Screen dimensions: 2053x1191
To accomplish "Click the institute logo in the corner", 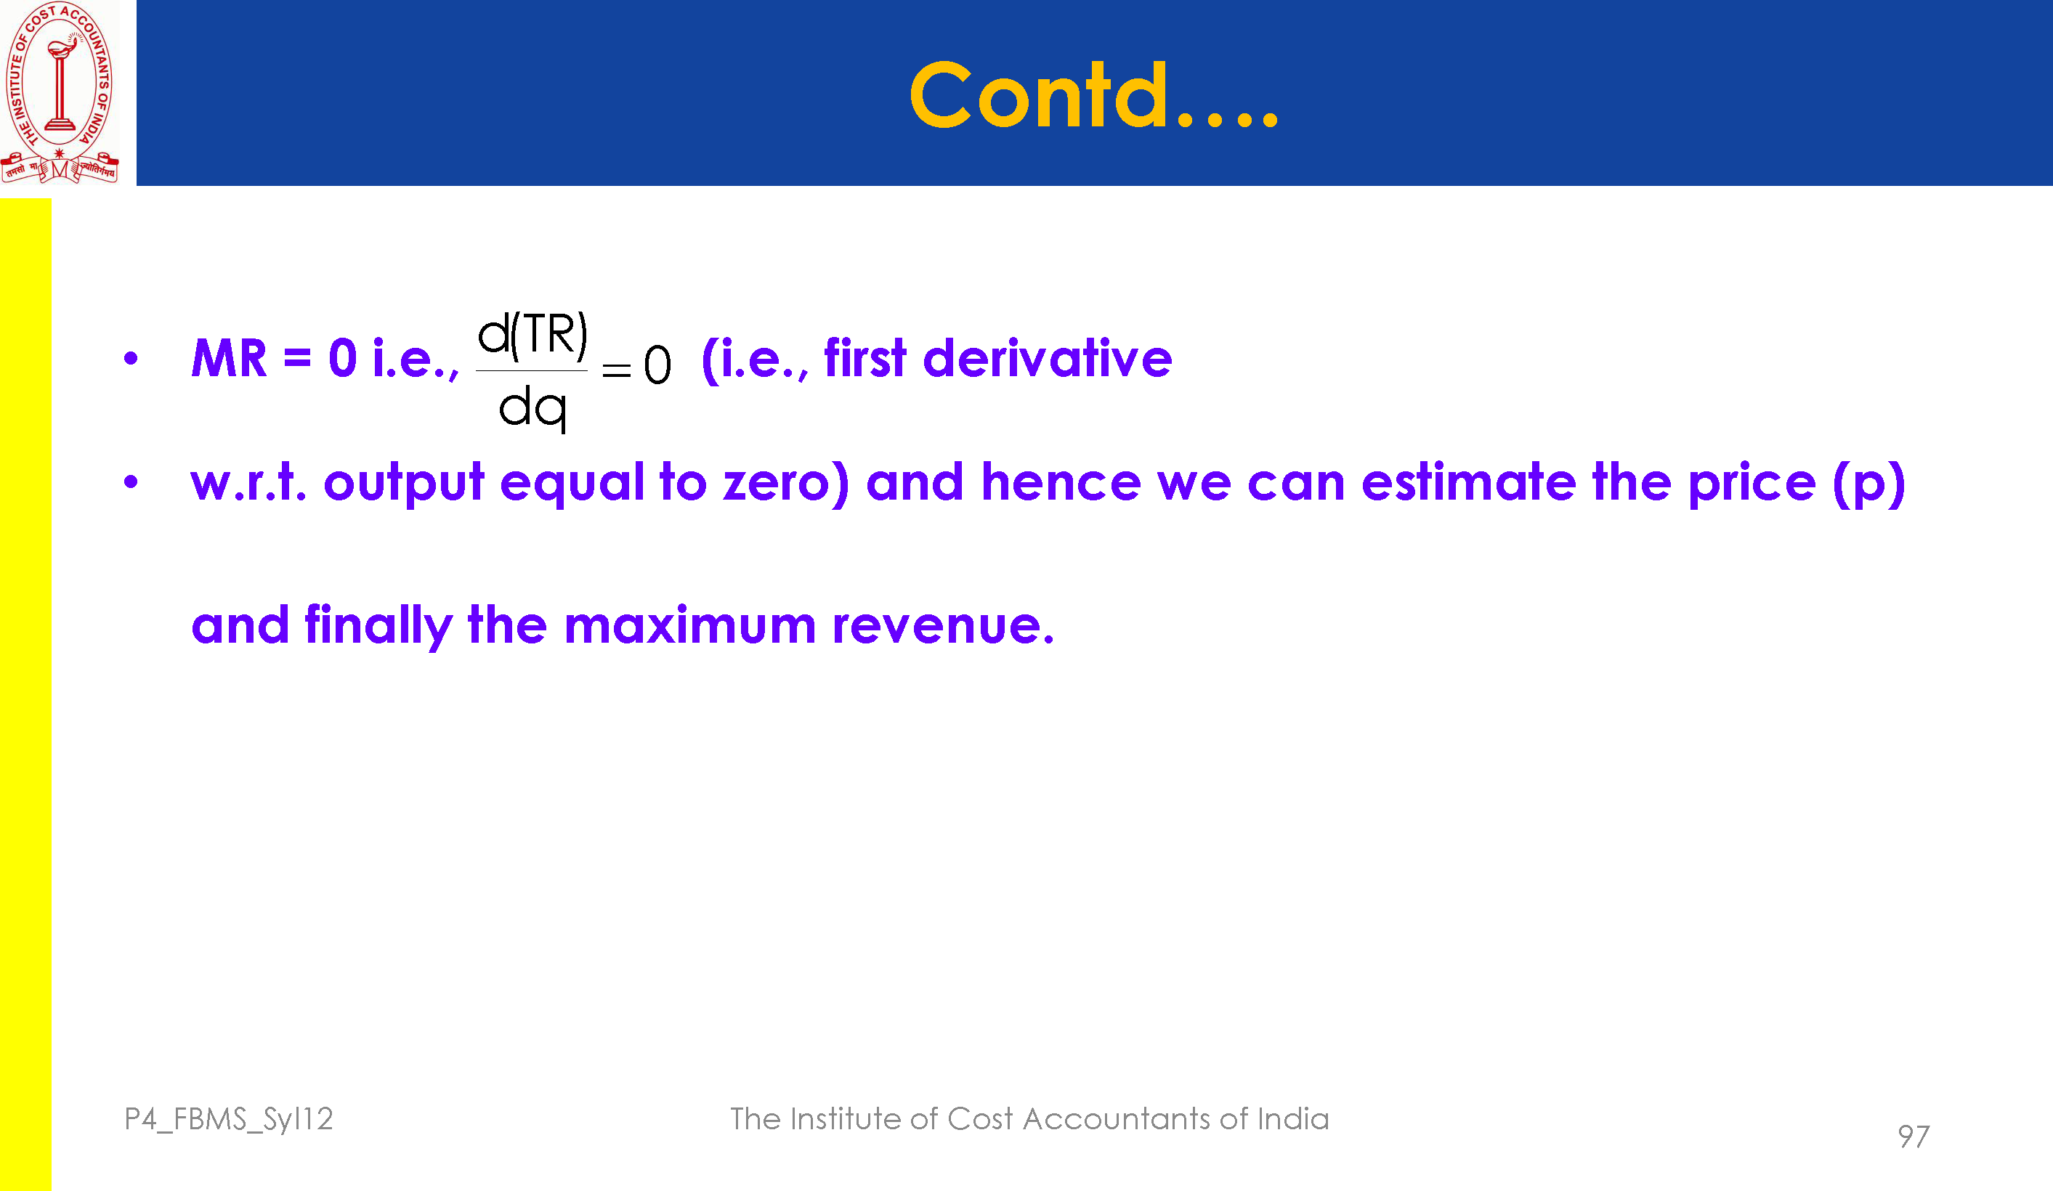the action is (60, 92).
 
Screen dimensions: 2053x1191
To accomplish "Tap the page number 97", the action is (1914, 1137).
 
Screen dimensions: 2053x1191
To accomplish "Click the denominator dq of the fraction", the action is (533, 408).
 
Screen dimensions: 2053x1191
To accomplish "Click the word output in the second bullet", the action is (404, 483).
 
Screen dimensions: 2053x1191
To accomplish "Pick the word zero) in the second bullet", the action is (786, 482).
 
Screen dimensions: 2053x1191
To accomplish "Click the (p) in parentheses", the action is (1869, 483).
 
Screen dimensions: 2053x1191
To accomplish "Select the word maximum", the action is (690, 626).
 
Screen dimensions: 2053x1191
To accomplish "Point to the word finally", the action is (378, 626).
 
